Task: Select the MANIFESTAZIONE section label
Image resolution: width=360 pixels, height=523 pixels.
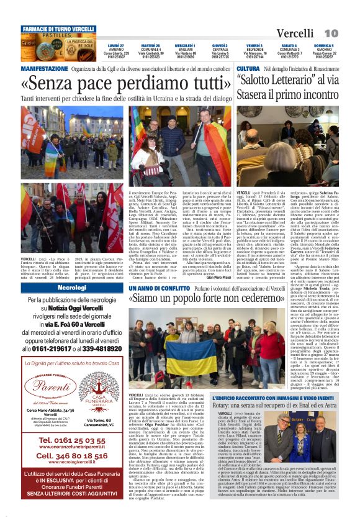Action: click(45, 68)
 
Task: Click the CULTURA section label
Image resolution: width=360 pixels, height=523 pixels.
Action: click(248, 68)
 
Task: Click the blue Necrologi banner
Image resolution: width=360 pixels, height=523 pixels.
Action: click(72, 288)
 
